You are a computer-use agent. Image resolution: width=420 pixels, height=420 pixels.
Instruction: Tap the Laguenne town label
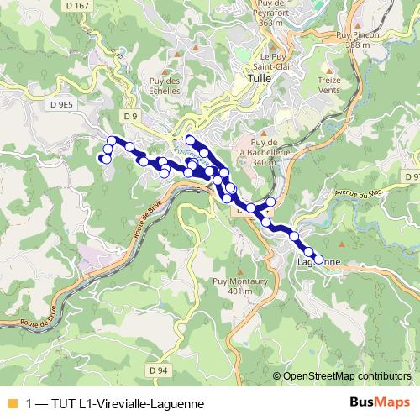click(x=320, y=261)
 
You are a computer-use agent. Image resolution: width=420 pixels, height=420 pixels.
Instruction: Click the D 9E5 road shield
click(x=62, y=104)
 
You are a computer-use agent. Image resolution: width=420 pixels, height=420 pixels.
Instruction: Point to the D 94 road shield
click(x=160, y=369)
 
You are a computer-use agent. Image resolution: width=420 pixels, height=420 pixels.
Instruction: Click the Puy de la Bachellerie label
click(x=262, y=152)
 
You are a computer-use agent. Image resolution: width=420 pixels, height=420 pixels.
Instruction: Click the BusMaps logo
click(x=379, y=402)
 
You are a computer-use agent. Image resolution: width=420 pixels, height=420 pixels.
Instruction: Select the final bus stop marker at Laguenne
click(x=318, y=260)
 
